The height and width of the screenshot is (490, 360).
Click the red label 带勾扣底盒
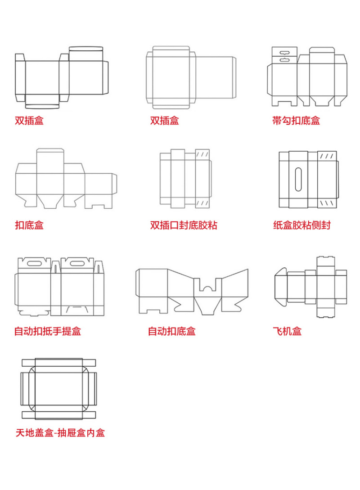[296, 121]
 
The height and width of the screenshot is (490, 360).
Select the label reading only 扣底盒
[29, 225]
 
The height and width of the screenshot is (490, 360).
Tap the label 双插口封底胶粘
[184, 225]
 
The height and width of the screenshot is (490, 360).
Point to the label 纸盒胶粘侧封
[301, 225]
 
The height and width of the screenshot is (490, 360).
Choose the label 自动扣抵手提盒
[48, 332]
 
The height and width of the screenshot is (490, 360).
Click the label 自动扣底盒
[172, 332]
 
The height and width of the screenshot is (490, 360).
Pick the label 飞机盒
[287, 332]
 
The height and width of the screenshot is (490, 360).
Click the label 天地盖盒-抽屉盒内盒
[60, 433]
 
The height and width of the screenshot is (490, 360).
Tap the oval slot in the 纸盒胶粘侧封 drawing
[298, 178]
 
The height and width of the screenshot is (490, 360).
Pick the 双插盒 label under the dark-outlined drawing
[29, 121]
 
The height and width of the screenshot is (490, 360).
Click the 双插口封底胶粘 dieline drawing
[184, 179]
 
